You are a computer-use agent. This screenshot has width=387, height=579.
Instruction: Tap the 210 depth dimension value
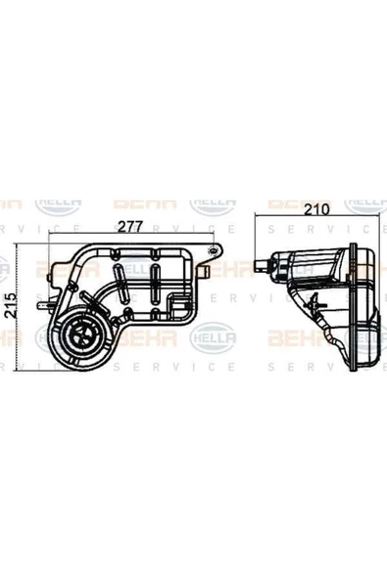click(314, 208)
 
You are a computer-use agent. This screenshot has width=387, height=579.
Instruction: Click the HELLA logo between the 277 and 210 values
click(213, 203)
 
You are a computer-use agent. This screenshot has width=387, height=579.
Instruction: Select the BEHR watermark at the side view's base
click(293, 337)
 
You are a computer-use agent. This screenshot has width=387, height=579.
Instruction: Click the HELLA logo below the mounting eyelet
click(213, 337)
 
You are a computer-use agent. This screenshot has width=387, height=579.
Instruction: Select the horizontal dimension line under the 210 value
click(313, 217)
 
